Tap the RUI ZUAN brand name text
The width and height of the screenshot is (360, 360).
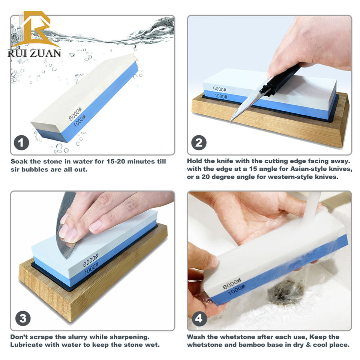click(34, 53)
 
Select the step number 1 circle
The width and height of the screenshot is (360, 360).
click(21, 142)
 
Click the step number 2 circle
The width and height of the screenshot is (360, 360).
click(199, 142)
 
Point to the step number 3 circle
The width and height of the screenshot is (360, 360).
click(23, 318)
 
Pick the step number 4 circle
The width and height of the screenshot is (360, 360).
click(199, 318)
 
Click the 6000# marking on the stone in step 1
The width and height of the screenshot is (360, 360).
click(75, 114)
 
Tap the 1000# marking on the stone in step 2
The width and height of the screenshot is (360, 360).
click(221, 96)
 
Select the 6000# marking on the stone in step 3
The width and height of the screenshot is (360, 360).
click(90, 260)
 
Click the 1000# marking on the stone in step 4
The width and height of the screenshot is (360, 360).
click(237, 290)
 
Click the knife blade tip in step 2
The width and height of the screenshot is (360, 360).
click(231, 121)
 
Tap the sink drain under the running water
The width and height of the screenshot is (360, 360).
click(285, 292)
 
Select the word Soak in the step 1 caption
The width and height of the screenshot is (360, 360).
click(19, 161)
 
